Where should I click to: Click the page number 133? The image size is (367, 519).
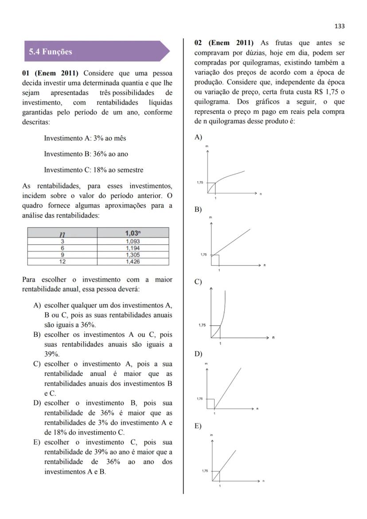pyautogui.click(x=340, y=26)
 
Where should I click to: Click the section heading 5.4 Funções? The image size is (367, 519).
pyautogui.click(x=51, y=52)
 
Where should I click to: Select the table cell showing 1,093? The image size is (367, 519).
pyautogui.click(x=133, y=242)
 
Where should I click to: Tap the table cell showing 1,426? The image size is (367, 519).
pyautogui.click(x=133, y=261)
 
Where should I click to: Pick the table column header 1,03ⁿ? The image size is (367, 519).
pyautogui.click(x=133, y=233)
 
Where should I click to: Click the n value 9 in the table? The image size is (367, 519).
pyautogui.click(x=62, y=255)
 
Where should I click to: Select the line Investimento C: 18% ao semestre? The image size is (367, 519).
pyautogui.click(x=94, y=170)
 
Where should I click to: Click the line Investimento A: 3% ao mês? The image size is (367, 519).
pyautogui.click(x=85, y=138)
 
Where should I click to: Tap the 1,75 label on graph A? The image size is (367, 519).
pyautogui.click(x=200, y=183)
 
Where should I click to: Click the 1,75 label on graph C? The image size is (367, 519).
pyautogui.click(x=202, y=325)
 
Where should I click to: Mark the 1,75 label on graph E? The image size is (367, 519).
pyautogui.click(x=205, y=471)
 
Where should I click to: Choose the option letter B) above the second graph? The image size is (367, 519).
pyautogui.click(x=198, y=209)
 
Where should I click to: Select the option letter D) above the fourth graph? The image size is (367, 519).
pyautogui.click(x=198, y=354)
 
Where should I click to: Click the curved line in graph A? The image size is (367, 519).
pyautogui.click(x=230, y=175)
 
